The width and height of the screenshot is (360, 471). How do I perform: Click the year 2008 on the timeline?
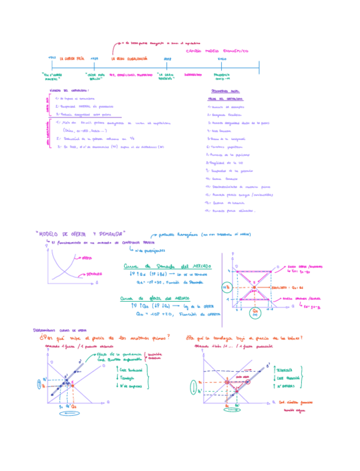[x=168, y=58]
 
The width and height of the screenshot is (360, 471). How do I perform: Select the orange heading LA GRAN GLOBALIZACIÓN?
[x=129, y=58]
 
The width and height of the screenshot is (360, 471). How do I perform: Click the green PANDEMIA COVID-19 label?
[x=221, y=77]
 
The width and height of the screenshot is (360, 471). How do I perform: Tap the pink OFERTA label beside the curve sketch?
[x=86, y=258]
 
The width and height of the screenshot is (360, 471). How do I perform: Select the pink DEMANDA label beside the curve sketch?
[x=93, y=274]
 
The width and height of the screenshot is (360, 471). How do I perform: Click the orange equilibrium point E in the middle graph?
[x=254, y=288]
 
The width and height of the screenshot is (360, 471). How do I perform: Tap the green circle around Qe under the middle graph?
[x=255, y=312]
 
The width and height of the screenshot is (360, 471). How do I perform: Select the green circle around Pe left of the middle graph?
[x=226, y=288]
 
